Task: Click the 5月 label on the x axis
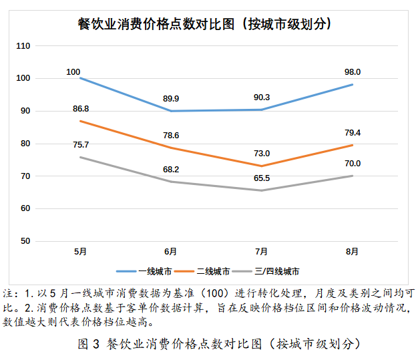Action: pyautogui.click(x=79, y=252)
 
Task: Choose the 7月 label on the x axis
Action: pyautogui.click(x=261, y=252)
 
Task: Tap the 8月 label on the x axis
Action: pyautogui.click(x=352, y=252)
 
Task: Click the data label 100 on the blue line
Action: pyautogui.click(x=73, y=71)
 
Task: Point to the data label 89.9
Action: pyautogui.click(x=171, y=99)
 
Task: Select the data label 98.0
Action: pyautogui.click(x=353, y=72)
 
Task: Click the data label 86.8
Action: pyautogui.click(x=80, y=108)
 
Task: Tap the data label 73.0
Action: pyautogui.click(x=262, y=154)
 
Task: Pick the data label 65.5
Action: pyautogui.click(x=262, y=178)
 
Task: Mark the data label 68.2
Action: pyautogui.click(x=171, y=169)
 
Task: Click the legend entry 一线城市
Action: pyautogui.click(x=155, y=272)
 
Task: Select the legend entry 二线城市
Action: pyautogui.click(x=214, y=272)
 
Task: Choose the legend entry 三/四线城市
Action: pyautogui.click(x=276, y=272)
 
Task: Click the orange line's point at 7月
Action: pyautogui.click(x=261, y=166)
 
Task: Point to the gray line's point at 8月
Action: pyautogui.click(x=352, y=176)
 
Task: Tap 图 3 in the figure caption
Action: pyautogui.click(x=88, y=344)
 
